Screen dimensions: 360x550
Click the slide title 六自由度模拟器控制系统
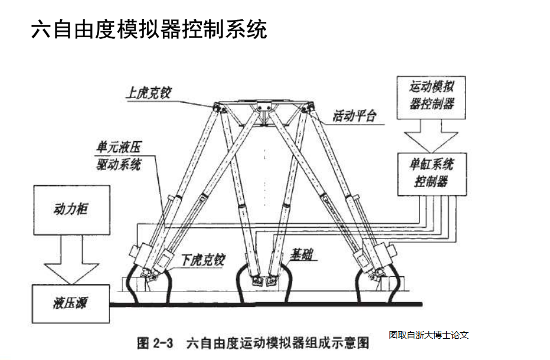click(149, 28)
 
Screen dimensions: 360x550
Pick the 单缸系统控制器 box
click(431, 172)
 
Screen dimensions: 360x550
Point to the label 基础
click(301, 255)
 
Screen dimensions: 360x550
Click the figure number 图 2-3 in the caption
click(155, 343)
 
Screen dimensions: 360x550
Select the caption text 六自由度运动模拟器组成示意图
click(277, 343)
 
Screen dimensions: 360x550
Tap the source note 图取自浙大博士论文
click(428, 335)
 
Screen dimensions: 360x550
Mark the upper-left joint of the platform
click(218, 108)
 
